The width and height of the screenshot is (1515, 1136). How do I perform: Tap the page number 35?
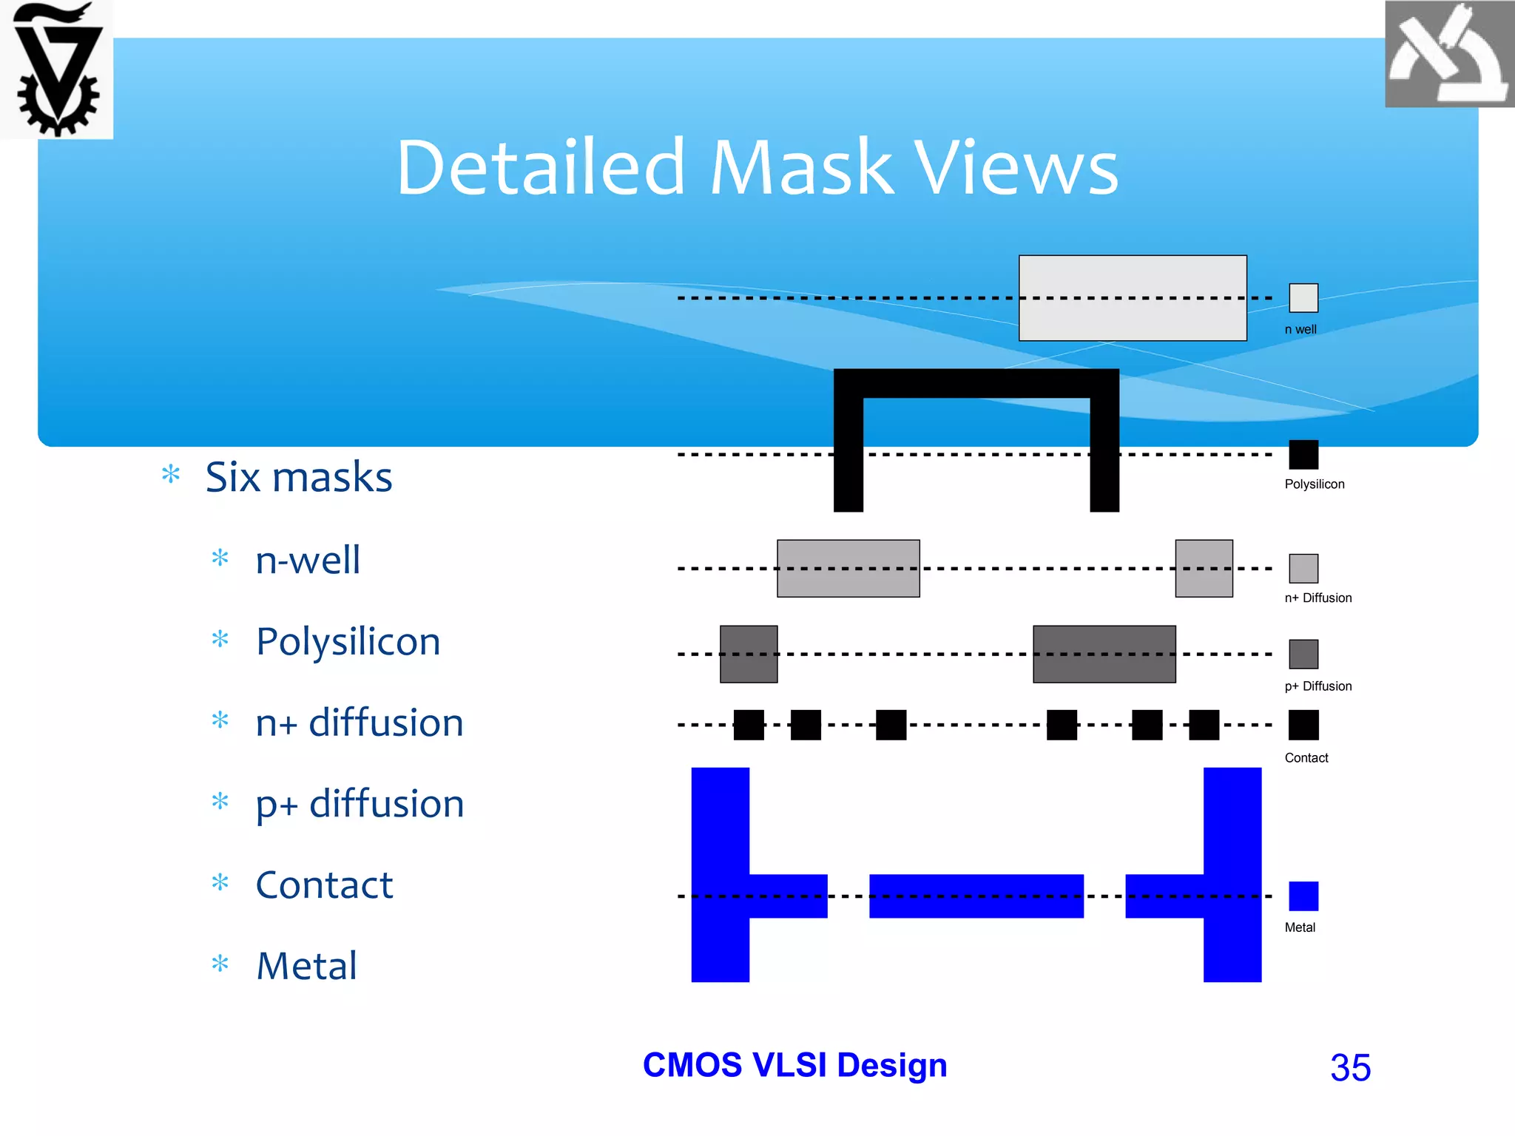click(x=1350, y=1067)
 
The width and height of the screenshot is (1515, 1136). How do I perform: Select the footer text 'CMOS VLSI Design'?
click(x=794, y=1065)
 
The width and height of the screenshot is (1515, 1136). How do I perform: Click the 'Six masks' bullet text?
click(x=298, y=477)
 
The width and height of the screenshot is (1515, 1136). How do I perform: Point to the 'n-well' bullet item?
click(x=308, y=560)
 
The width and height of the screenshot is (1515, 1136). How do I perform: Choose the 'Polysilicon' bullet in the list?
click(x=348, y=641)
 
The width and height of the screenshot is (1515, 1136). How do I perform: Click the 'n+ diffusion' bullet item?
click(x=360, y=723)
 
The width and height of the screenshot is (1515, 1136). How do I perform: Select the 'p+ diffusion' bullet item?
click(x=360, y=804)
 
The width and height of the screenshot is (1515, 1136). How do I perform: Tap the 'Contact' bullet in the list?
click(x=324, y=885)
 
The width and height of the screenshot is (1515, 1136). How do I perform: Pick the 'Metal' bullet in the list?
click(x=306, y=966)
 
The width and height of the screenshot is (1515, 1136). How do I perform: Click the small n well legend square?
click(x=1303, y=298)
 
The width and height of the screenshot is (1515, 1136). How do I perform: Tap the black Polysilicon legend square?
click(x=1303, y=454)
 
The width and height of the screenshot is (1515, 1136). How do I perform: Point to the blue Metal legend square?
click(x=1303, y=896)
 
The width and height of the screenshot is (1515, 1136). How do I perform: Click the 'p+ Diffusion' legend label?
click(x=1317, y=686)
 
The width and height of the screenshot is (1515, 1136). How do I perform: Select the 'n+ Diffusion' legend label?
click(x=1317, y=598)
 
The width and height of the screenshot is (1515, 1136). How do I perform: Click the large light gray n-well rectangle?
click(x=1133, y=298)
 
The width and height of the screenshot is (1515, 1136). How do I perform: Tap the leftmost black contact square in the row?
click(x=749, y=725)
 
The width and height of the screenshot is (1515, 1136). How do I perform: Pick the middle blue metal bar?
click(x=976, y=896)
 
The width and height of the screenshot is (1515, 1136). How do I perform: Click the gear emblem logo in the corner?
click(x=57, y=70)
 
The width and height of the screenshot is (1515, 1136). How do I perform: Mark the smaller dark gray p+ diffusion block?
click(x=749, y=654)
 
